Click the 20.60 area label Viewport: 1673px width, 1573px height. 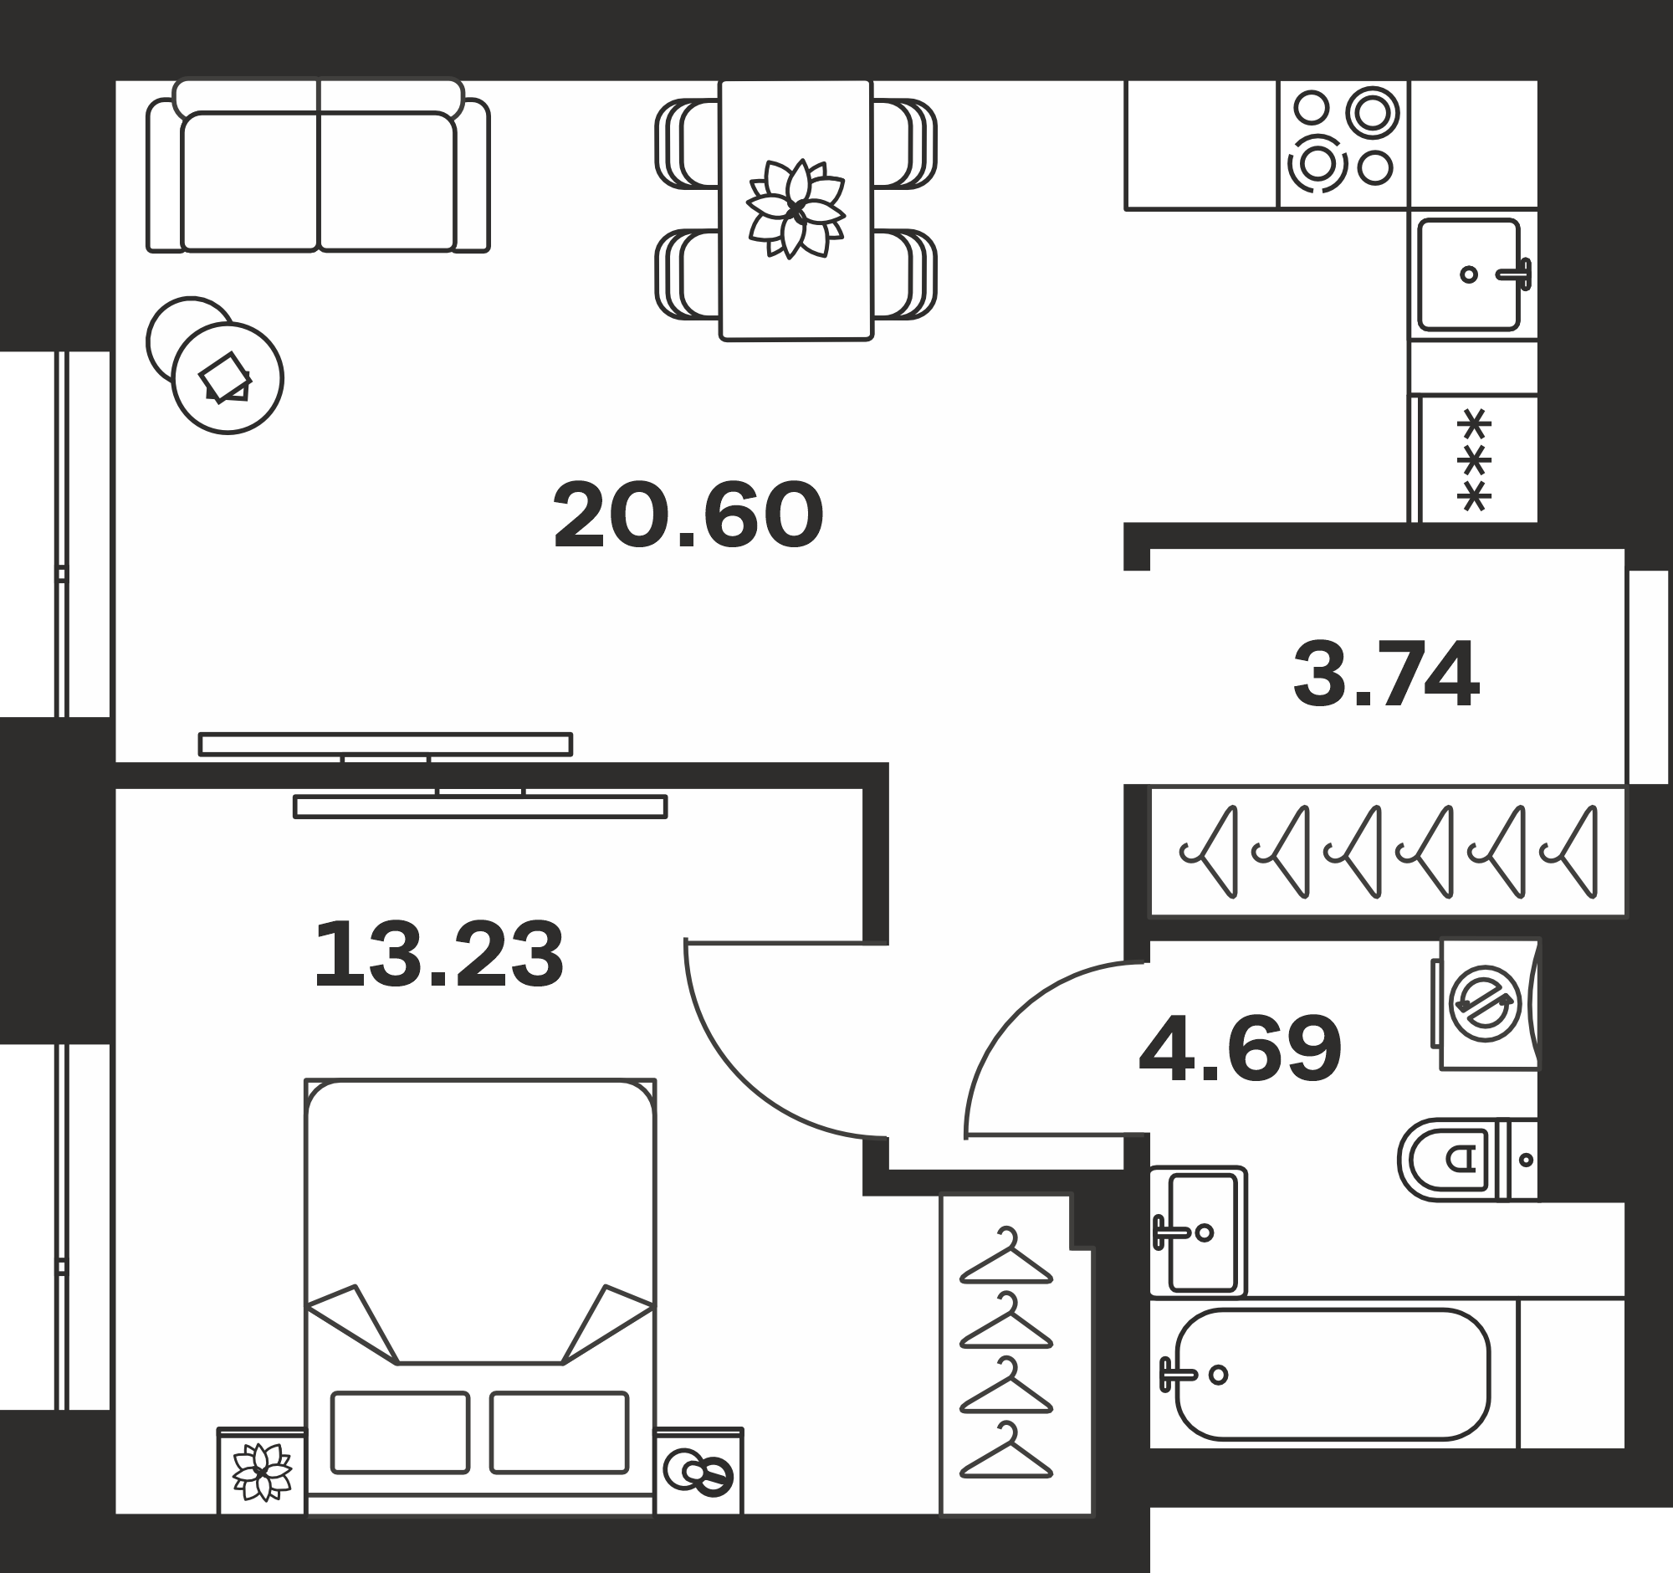coord(688,515)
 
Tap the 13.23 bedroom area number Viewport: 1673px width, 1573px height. coord(438,955)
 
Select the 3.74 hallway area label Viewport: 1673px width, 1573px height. coord(1385,675)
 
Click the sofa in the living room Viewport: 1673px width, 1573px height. coord(318,166)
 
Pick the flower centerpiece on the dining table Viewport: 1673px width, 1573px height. coord(796,208)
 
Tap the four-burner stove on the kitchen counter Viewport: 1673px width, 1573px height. coord(1344,145)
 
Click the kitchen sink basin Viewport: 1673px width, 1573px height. coord(1470,274)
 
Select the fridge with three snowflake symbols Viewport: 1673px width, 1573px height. coord(1474,459)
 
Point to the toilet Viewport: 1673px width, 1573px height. coord(1469,1159)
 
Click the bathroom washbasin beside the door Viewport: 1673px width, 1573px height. coord(1199,1232)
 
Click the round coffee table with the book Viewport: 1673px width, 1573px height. coord(228,378)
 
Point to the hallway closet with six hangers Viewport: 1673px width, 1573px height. coord(1388,851)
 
